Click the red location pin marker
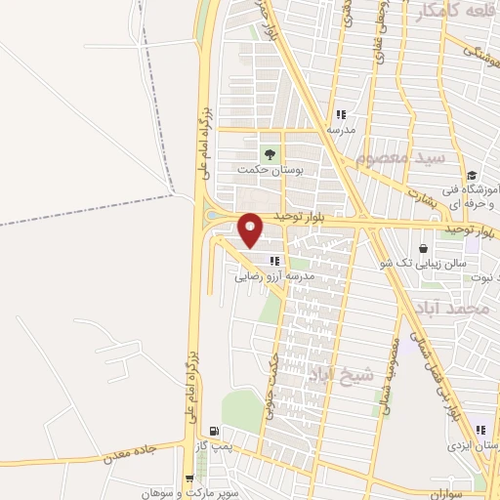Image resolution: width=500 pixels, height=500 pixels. (251, 229)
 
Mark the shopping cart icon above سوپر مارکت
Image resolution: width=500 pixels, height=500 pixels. (188, 479)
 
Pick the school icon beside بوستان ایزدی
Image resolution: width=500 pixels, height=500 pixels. (479, 431)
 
